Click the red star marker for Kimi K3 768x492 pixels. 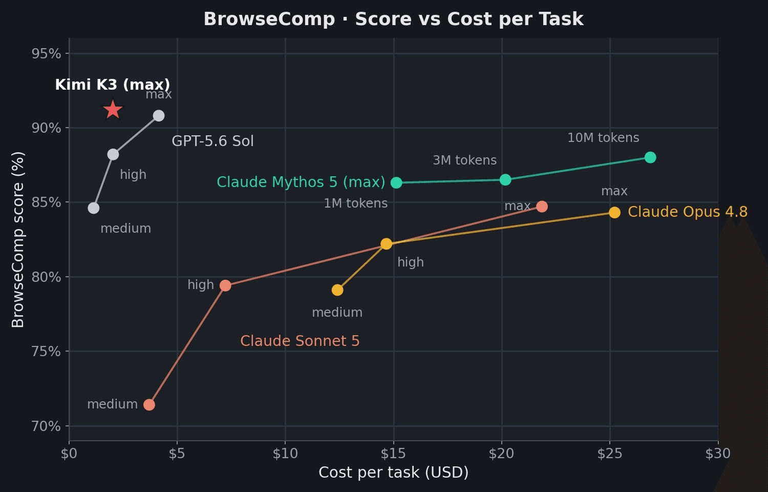[113, 110]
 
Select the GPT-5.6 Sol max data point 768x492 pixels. [158, 116]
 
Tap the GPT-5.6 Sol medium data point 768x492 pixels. [94, 208]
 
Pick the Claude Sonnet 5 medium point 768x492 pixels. [149, 405]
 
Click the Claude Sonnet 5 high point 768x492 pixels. [225, 285]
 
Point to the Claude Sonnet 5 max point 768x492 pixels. [542, 207]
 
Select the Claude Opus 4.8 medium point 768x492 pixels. [337, 290]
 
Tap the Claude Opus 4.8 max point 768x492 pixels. [614, 213]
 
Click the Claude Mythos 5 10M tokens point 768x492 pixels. [650, 157]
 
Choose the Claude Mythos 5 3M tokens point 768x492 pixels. [505, 179]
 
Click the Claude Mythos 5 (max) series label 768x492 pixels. [301, 182]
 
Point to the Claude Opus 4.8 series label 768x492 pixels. [688, 212]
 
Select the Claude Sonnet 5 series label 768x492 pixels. [300, 341]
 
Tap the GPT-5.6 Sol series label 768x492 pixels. [212, 141]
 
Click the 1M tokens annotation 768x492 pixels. [355, 203]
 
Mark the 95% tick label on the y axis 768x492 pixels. [46, 54]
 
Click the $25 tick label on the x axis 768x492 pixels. [610, 454]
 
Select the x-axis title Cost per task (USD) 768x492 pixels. [393, 473]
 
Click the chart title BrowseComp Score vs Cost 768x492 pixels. [393, 19]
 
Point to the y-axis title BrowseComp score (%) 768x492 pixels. [18, 239]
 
